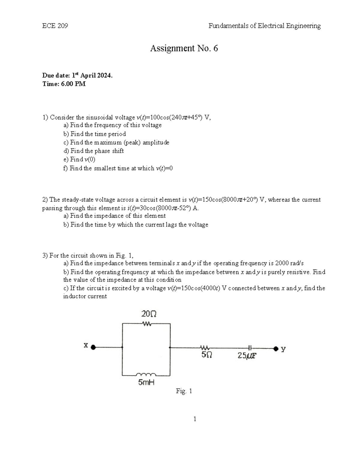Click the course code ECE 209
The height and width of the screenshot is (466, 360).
[55, 26]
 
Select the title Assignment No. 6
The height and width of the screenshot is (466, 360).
[184, 48]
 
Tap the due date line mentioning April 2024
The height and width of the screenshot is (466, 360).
[77, 76]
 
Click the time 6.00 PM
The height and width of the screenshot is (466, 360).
[64, 84]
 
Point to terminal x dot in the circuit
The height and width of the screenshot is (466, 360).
[93, 347]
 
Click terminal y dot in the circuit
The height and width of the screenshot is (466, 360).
[276, 348]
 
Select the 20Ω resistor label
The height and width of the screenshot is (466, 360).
[149, 314]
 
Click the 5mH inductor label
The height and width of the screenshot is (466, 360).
[146, 383]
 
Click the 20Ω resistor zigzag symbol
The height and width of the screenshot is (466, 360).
[147, 324]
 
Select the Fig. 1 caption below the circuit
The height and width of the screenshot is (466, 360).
[184, 391]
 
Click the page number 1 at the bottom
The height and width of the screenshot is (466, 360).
[195, 419]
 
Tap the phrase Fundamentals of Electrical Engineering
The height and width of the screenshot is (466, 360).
[264, 26]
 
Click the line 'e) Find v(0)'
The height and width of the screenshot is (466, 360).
[79, 159]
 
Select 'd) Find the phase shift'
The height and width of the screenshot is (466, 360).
[93, 151]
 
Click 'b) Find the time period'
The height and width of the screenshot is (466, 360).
[94, 134]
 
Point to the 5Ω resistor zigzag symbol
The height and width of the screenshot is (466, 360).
[205, 348]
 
